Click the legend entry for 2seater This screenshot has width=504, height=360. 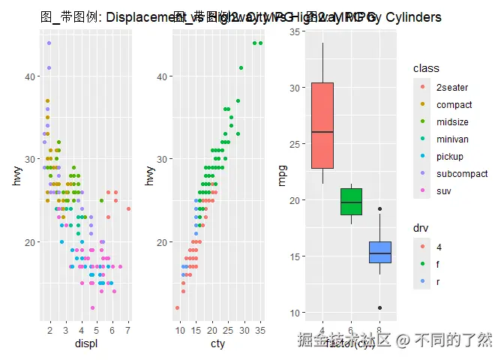click(x=449, y=88)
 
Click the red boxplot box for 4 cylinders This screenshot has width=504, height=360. click(x=322, y=125)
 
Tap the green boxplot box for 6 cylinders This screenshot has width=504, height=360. click(x=351, y=201)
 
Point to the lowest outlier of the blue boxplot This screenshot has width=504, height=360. click(x=380, y=308)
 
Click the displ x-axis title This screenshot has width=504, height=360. click(x=82, y=344)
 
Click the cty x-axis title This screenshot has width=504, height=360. click(x=218, y=344)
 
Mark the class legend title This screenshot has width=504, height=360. click(x=426, y=69)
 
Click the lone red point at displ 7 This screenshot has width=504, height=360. click(x=128, y=208)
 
